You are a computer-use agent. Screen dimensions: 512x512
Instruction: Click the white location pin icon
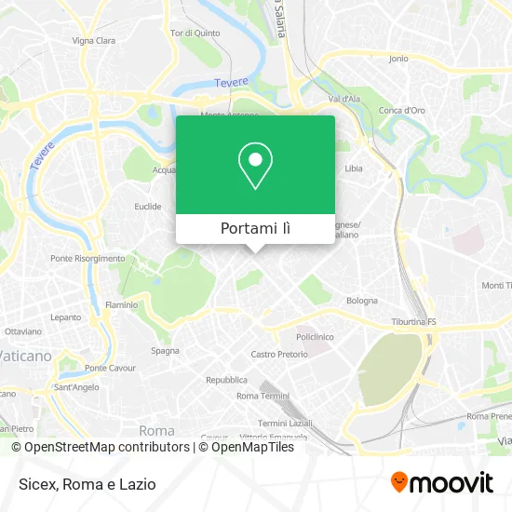255,166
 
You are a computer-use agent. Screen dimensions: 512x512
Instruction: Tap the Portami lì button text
255,229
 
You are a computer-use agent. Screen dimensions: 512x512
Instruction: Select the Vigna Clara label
94,41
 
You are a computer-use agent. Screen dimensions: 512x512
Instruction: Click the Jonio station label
398,58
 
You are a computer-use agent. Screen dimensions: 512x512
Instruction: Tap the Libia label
354,168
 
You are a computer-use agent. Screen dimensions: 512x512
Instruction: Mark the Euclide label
148,207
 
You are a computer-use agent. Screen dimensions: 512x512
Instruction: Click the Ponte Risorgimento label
88,258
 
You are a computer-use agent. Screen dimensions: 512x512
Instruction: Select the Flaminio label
121,304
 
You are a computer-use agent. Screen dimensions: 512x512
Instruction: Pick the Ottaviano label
22,331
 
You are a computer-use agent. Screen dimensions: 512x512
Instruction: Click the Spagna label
165,351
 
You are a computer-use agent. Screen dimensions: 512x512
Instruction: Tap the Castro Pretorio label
279,355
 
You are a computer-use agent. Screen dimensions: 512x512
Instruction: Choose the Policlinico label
315,336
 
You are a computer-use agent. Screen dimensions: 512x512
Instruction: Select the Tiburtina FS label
413,322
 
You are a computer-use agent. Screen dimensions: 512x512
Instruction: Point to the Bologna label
362,301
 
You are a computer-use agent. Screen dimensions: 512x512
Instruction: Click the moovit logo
441,482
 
